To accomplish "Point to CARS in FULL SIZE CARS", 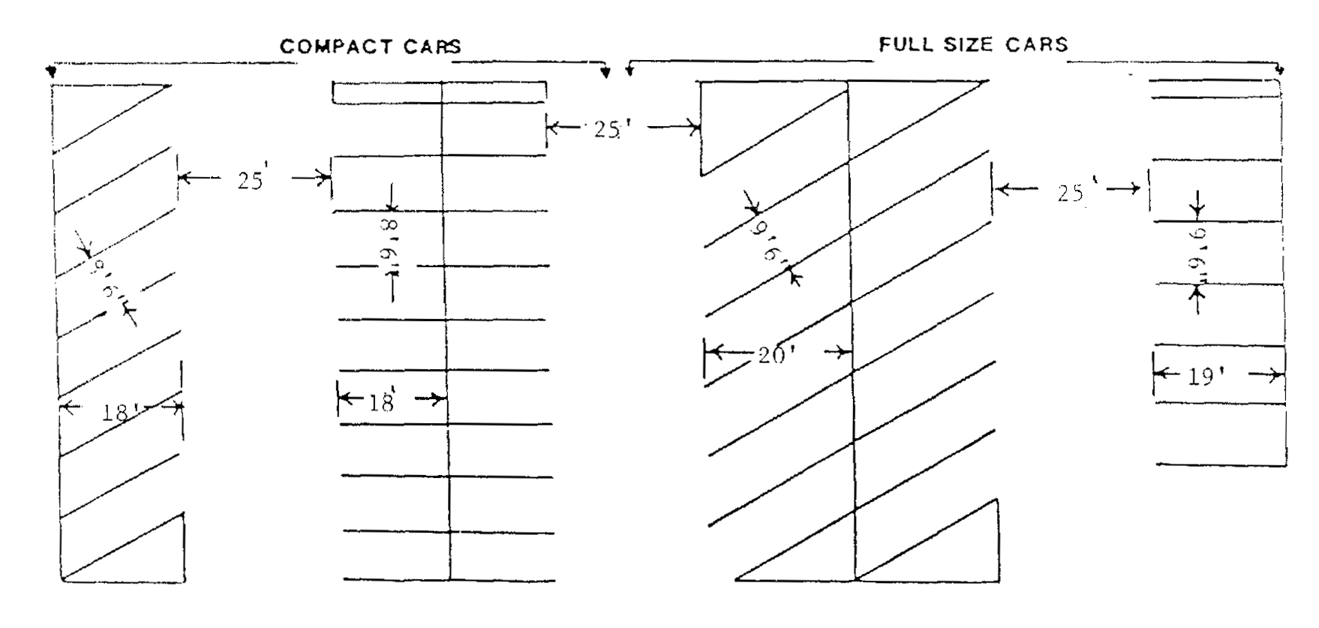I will tap(1036, 44).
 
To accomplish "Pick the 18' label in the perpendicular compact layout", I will tap(382, 403).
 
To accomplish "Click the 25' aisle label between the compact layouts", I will tap(251, 181).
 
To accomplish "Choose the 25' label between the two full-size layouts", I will tap(1071, 193).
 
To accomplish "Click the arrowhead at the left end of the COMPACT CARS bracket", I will tap(51, 73).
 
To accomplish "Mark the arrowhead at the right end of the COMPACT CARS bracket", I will tap(606, 73).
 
